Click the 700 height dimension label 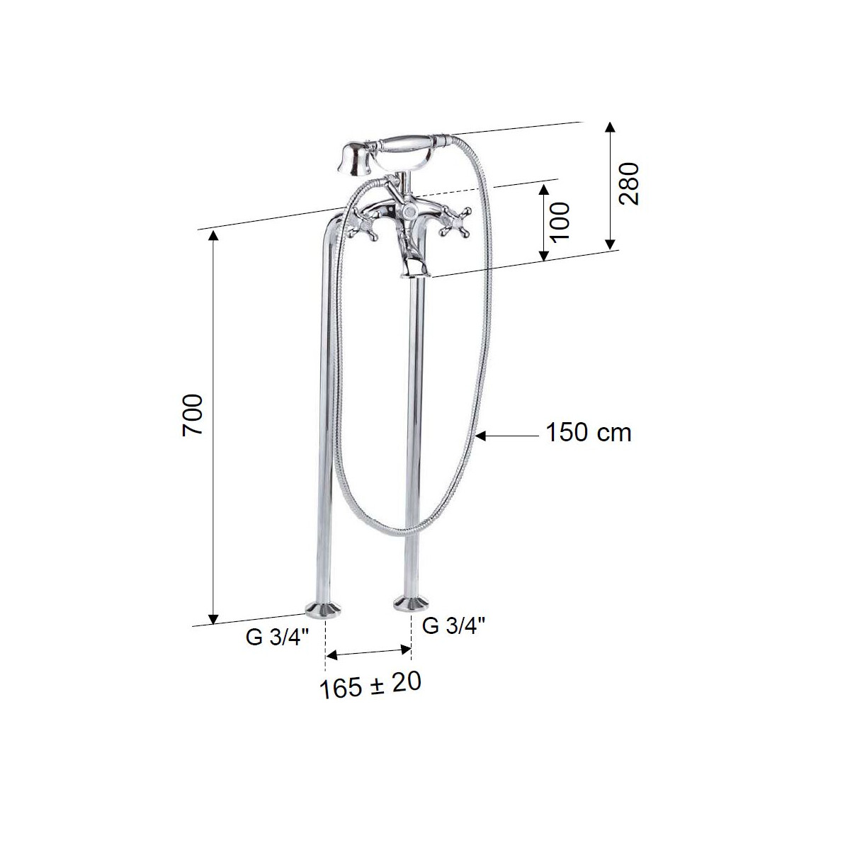193,416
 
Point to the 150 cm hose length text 589,433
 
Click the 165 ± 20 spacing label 370,685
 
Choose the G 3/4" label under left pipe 278,637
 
